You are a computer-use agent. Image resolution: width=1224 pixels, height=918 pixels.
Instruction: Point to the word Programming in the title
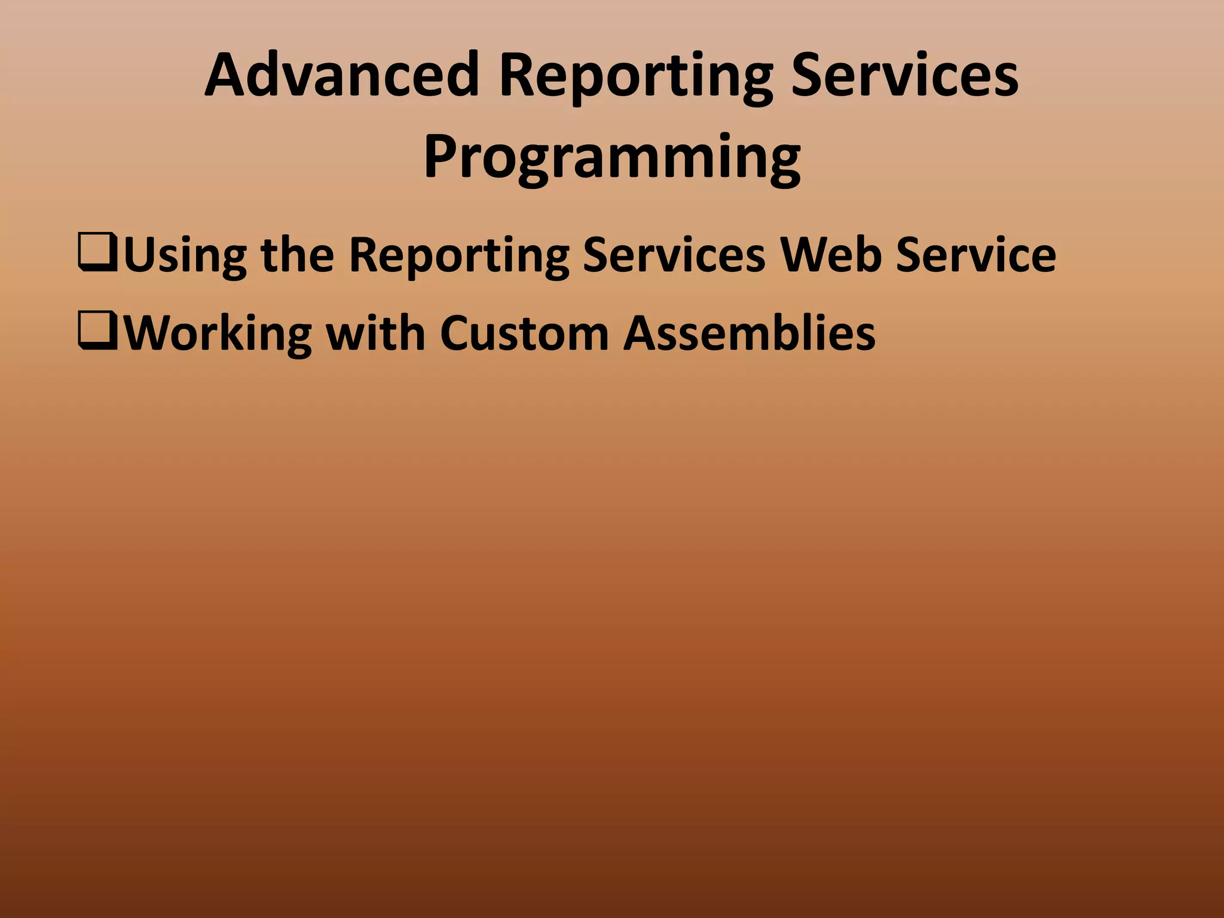click(612, 157)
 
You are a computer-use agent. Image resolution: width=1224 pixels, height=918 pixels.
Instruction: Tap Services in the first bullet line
click(674, 254)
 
